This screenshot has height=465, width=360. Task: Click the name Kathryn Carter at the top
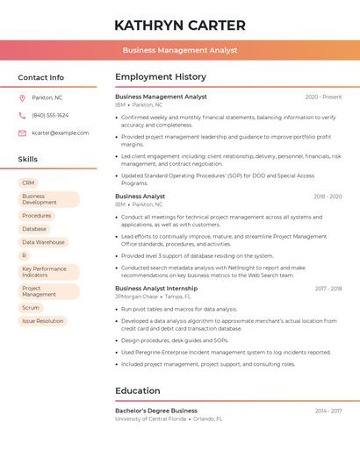pyautogui.click(x=180, y=25)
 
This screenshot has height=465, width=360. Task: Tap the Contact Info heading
pyautogui.click(x=40, y=77)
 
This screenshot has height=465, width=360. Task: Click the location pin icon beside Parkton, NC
pyautogui.click(x=22, y=97)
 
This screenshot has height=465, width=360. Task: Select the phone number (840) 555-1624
pyautogui.click(x=50, y=115)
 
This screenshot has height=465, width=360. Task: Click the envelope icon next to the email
pyautogui.click(x=22, y=133)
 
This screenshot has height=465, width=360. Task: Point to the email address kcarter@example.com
pyautogui.click(x=60, y=133)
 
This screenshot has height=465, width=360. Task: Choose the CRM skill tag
pyautogui.click(x=28, y=182)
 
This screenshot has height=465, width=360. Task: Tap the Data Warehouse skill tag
pyautogui.click(x=43, y=242)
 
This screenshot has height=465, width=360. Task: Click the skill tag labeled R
pyautogui.click(x=25, y=255)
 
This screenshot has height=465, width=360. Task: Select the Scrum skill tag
pyautogui.click(x=31, y=308)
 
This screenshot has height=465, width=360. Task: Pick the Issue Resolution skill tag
pyautogui.click(x=42, y=321)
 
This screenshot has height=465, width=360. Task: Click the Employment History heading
pyautogui.click(x=161, y=77)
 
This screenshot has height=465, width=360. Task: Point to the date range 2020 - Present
pyautogui.click(x=323, y=97)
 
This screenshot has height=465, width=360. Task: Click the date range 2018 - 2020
pyautogui.click(x=328, y=197)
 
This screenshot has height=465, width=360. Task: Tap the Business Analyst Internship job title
pyautogui.click(x=156, y=288)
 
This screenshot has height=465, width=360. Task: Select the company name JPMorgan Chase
pyautogui.click(x=136, y=297)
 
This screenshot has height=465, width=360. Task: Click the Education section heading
pyautogui.click(x=138, y=390)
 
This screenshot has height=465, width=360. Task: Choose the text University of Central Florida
pyautogui.click(x=150, y=419)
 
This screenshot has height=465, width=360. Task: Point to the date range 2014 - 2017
pyautogui.click(x=328, y=411)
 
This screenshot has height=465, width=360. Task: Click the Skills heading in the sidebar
pyautogui.click(x=27, y=160)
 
